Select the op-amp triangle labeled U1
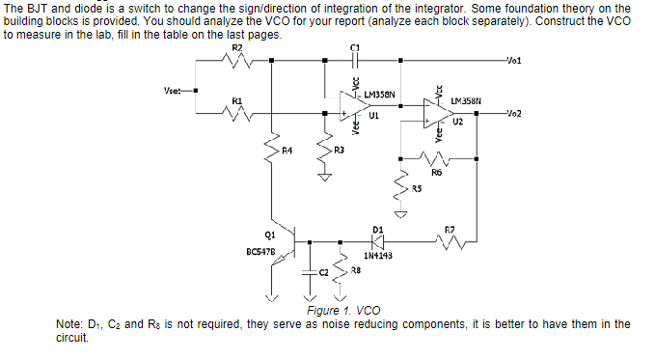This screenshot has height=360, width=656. click(x=354, y=106)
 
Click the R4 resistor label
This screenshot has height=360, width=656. click(x=287, y=151)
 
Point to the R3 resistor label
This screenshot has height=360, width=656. click(x=339, y=151)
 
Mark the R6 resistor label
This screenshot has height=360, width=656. click(x=437, y=172)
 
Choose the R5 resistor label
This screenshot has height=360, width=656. click(x=417, y=186)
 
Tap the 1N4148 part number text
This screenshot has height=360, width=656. click(x=377, y=257)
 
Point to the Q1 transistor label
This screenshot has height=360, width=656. click(x=268, y=233)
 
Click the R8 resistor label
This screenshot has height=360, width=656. click(x=355, y=271)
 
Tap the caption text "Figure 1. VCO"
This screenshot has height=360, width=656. click(x=342, y=311)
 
